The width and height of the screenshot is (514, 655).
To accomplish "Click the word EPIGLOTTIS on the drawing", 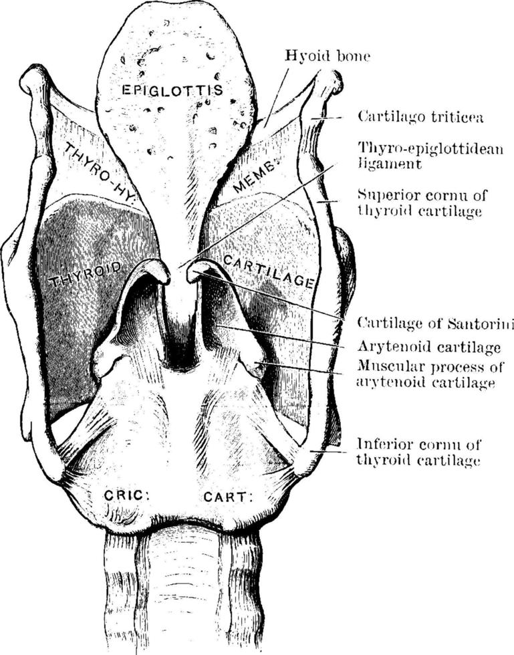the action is (172, 90).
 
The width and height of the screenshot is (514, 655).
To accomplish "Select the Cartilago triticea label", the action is (420, 116).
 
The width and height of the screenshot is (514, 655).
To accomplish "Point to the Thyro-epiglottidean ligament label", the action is (430, 155).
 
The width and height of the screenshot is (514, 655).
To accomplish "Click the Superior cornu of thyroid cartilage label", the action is (422, 203).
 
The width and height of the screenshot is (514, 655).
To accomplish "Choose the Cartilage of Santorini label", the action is (435, 323).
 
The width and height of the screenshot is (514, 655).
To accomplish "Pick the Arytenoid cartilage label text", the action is (428, 347).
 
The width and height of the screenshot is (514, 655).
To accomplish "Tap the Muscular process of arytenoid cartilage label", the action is (430, 374).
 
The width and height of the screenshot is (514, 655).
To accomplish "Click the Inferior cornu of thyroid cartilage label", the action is (418, 452).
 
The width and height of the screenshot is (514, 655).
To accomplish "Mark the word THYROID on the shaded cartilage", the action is (86, 275).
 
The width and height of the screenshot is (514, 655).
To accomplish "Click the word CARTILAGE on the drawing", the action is (268, 271).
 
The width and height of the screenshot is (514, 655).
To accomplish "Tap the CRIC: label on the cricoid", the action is (126, 495).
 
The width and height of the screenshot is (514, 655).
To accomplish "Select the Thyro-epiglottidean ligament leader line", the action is (257, 215).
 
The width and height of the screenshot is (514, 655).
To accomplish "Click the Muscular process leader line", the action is (301, 368).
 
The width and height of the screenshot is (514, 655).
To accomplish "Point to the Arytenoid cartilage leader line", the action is (280, 336).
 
